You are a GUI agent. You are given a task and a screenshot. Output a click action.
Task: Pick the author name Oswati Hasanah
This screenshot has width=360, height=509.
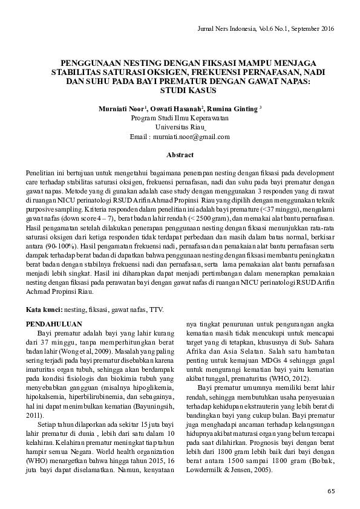(178, 109)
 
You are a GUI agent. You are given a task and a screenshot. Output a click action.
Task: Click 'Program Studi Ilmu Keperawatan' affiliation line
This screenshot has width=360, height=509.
(180, 118)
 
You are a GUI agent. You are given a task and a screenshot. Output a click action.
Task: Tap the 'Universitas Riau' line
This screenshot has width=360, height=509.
(180, 128)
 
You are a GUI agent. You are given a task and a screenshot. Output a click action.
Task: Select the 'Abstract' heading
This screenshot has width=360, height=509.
(180, 155)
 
